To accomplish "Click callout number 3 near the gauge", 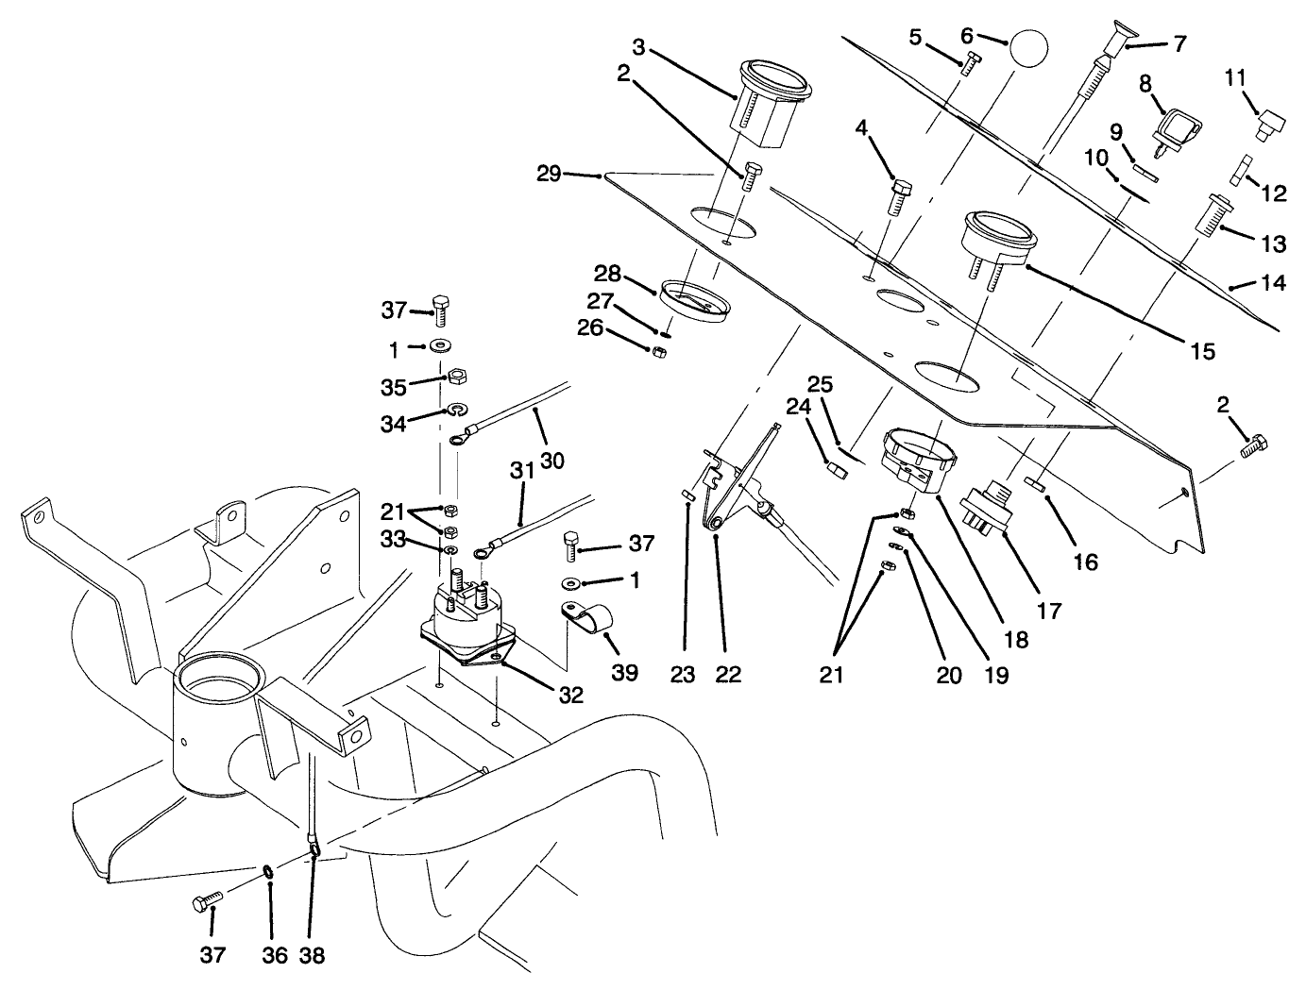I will (x=638, y=46).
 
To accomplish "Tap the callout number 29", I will (x=549, y=174).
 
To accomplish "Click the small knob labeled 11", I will (x=1268, y=124).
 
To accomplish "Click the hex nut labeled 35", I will (x=453, y=375).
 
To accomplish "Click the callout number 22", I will (x=729, y=674).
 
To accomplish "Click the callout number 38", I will (x=312, y=955).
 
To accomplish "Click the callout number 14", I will (x=1273, y=282).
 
